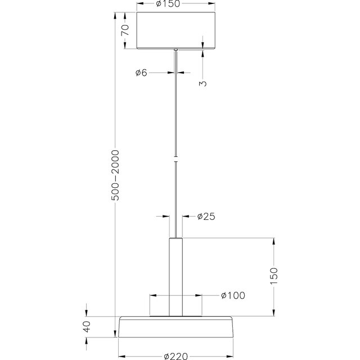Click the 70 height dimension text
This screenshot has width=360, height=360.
point(127,30)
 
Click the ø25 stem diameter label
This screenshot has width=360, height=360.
point(206,217)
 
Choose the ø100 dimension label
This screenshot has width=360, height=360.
point(230,295)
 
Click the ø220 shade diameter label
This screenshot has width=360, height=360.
point(177,355)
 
